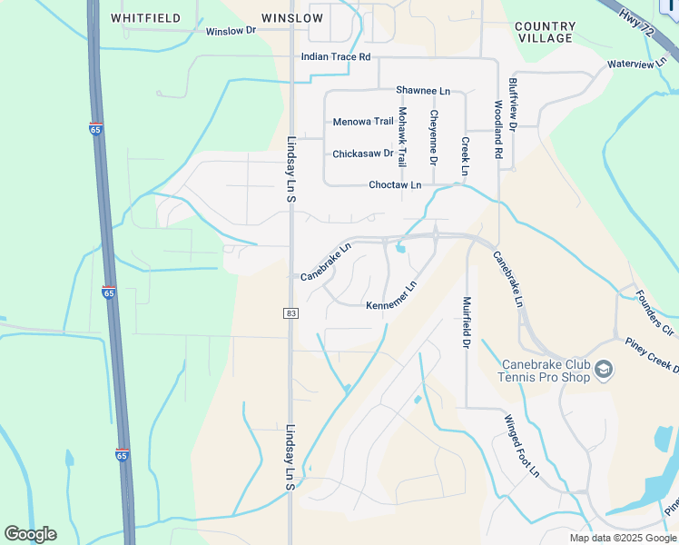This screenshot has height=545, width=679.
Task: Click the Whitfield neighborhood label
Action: click(145, 18)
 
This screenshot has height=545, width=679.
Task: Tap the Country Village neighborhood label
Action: click(544, 32)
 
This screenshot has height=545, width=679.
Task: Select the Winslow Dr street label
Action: click(231, 31)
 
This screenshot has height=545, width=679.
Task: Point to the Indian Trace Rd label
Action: click(336, 56)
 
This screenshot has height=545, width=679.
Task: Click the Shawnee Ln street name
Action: click(422, 91)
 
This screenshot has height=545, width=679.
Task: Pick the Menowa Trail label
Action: click(363, 122)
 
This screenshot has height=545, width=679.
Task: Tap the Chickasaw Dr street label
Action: click(362, 154)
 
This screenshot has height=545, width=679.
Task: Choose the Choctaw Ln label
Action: click(395, 185)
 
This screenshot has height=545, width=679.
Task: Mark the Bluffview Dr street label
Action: click(513, 106)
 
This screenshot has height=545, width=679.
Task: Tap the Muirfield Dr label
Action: click(467, 322)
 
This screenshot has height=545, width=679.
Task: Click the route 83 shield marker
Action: click(290, 313)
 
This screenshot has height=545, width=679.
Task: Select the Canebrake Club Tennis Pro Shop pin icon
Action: click(605, 370)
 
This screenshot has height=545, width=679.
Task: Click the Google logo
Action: click(30, 534)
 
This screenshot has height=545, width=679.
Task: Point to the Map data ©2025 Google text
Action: click(622, 538)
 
